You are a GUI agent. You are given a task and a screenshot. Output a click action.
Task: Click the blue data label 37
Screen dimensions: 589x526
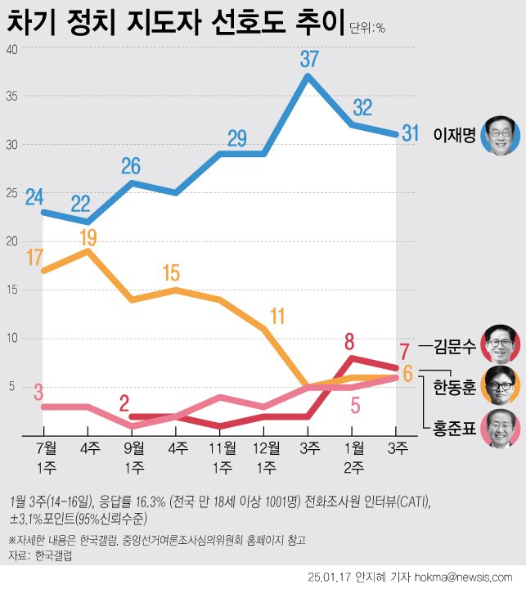(x=308, y=60)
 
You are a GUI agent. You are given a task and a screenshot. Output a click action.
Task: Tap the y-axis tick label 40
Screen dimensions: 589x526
(x=11, y=48)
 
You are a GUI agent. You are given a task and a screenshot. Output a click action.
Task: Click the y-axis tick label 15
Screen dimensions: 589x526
(x=11, y=290)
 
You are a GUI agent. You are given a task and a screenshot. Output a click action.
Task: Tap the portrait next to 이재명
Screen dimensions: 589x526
(x=501, y=134)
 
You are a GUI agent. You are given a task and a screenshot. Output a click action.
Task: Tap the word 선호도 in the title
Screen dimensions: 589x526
(x=235, y=22)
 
